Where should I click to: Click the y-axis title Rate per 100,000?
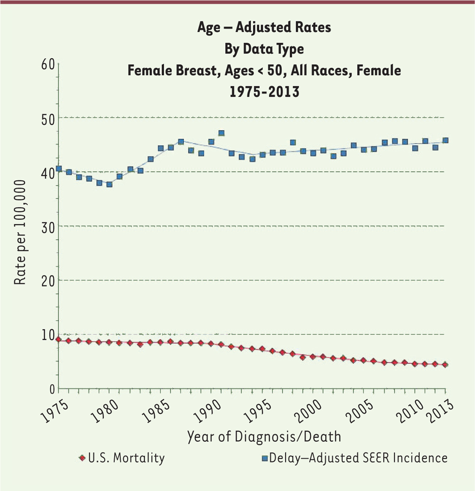[x=20, y=232]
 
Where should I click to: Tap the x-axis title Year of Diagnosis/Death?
[x=264, y=437]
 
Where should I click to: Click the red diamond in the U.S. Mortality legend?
[x=82, y=458]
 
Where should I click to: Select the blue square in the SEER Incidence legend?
[x=265, y=459]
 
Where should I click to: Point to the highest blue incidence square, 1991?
[x=222, y=133]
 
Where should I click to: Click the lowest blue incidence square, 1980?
[x=109, y=184]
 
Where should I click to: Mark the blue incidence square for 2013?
[x=445, y=140]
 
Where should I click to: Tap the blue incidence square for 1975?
[x=59, y=169]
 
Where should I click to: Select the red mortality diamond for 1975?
[x=59, y=339]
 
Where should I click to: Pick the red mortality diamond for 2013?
[x=445, y=365]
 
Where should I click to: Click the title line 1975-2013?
[x=264, y=92]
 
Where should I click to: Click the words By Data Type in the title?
[x=264, y=49]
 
